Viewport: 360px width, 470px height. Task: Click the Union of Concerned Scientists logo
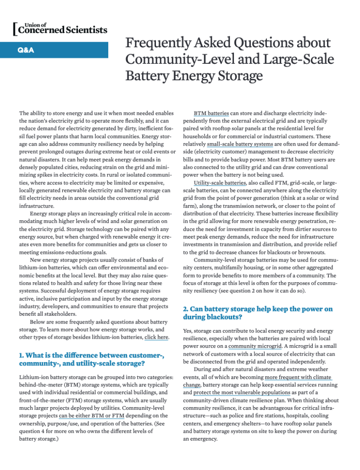pos(59,28)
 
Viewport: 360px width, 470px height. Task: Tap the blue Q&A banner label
pos(25,50)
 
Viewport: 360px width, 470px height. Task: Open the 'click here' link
pos(156,337)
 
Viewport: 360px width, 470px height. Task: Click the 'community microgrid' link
pos(255,346)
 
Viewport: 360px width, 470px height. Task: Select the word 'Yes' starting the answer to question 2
pos(188,330)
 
